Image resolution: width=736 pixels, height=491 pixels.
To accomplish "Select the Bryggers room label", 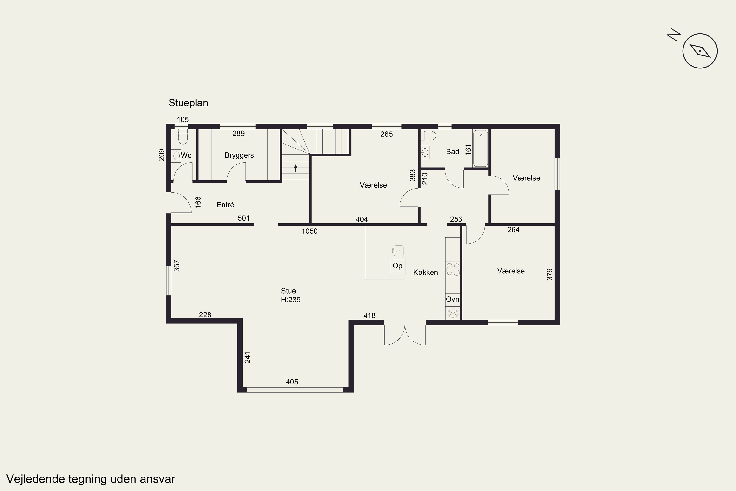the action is [239, 155].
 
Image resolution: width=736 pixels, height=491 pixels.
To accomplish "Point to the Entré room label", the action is [225, 205].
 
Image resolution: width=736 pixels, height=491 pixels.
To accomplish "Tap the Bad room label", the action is [452, 151].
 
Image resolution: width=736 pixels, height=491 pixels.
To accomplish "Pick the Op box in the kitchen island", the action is [397, 266].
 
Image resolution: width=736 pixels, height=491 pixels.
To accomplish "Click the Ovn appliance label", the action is [452, 299].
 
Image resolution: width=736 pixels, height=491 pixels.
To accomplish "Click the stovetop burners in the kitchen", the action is [453, 269].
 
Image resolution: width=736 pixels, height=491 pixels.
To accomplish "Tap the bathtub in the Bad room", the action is [480, 149].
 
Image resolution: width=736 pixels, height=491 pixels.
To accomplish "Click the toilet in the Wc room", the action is [183, 136].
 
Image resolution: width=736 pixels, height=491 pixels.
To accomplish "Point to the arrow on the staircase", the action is [295, 168].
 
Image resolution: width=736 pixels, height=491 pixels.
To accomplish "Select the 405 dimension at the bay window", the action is [292, 382].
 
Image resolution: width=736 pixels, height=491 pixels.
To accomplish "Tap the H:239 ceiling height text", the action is [290, 300].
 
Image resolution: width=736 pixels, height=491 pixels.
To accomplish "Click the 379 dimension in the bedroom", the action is [550, 274].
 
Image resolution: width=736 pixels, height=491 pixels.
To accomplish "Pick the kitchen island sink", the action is [398, 250].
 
